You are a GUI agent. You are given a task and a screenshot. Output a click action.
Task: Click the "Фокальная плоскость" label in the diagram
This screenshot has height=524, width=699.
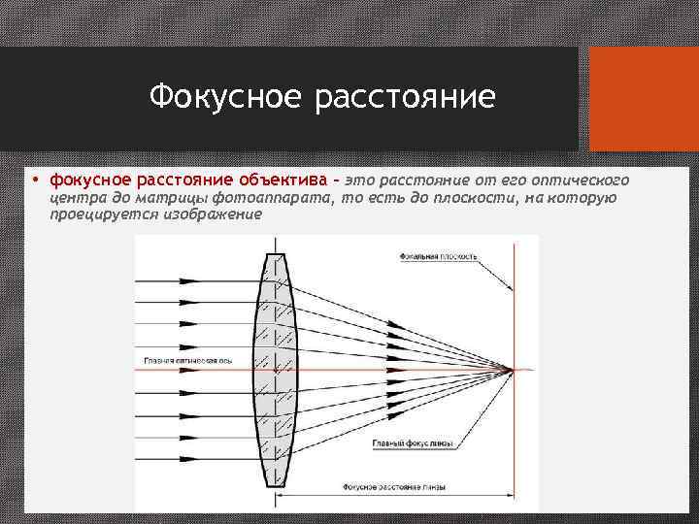[438, 257]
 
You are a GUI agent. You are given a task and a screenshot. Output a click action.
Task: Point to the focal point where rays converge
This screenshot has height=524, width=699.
[512, 370]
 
